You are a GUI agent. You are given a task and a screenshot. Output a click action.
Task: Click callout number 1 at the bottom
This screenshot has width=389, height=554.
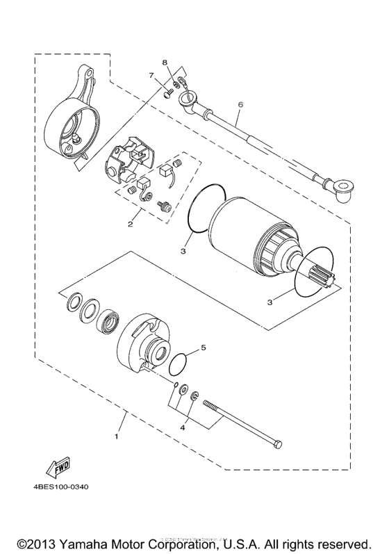tap(116, 437)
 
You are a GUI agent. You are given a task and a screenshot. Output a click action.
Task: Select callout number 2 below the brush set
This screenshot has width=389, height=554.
tap(130, 224)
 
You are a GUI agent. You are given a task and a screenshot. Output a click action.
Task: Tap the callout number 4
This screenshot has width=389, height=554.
tap(183, 428)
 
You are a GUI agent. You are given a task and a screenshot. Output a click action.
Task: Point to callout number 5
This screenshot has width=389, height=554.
tap(204, 347)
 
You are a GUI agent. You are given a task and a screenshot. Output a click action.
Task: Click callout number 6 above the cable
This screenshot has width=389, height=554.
tap(240, 105)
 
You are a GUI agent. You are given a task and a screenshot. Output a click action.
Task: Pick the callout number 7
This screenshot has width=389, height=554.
tap(150, 75)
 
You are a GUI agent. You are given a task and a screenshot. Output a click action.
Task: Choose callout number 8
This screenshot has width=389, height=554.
tap(165, 63)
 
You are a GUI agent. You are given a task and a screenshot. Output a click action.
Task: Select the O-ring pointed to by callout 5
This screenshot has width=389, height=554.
tap(179, 363)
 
